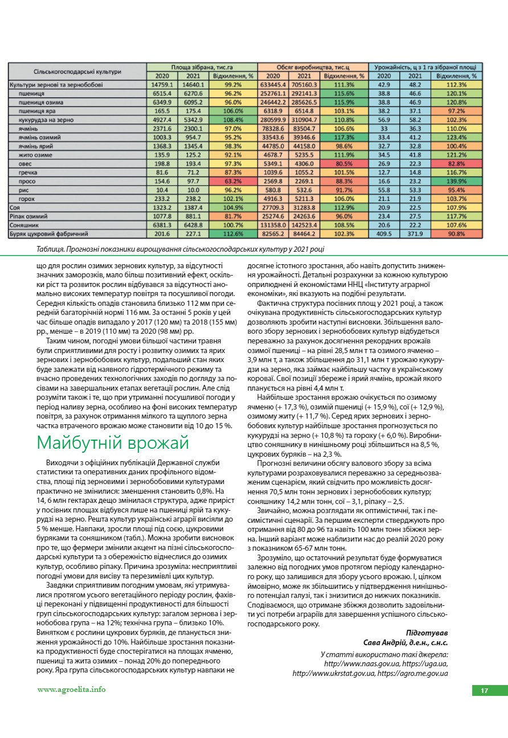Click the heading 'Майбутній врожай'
point(112,443)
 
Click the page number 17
point(484,691)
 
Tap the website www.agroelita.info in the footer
point(71,689)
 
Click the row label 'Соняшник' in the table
point(24,225)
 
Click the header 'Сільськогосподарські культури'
point(77,71)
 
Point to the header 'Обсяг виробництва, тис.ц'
point(312,67)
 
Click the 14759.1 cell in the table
point(162,84)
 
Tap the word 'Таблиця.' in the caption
point(50,249)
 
